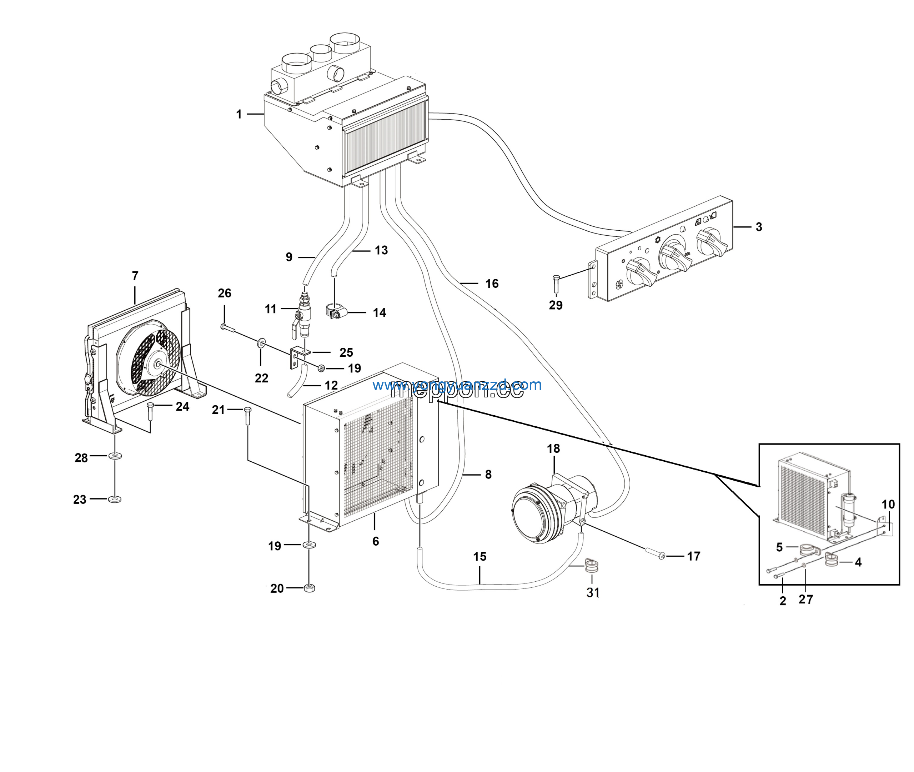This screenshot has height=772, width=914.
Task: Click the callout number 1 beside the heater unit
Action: [239, 114]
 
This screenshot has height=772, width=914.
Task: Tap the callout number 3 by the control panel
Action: [759, 227]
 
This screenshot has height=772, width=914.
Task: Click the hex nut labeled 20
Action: [309, 588]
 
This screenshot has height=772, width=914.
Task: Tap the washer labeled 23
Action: [115, 499]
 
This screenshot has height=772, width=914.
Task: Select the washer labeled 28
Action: [115, 456]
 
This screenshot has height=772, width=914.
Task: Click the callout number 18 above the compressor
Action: [553, 448]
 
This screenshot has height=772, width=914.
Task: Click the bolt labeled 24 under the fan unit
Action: [151, 411]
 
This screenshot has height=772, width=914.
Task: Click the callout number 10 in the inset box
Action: [888, 504]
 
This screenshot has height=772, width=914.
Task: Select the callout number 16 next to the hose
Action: [492, 284]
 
